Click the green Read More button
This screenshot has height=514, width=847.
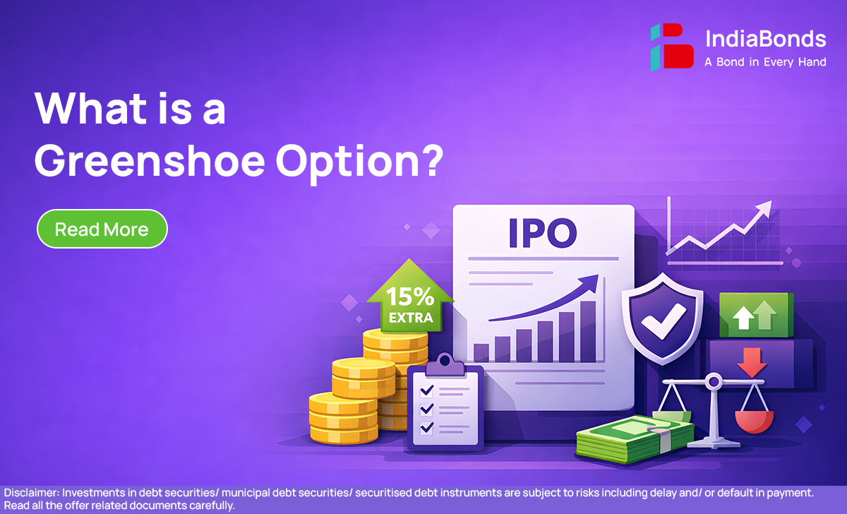(102, 229)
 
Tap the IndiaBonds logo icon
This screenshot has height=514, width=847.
(672, 47)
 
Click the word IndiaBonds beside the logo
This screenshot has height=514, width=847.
(766, 39)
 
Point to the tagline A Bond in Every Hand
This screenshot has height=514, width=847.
(765, 62)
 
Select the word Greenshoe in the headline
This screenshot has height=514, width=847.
(150, 162)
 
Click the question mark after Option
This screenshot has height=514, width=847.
(432, 160)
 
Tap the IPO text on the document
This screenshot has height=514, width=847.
(543, 233)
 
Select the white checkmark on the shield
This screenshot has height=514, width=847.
(663, 321)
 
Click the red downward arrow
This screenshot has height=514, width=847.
(752, 362)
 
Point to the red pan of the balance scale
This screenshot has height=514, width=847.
(754, 422)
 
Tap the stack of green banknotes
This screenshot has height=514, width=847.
(635, 438)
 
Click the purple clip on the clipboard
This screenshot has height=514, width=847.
(445, 364)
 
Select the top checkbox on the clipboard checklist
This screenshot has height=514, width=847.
(427, 390)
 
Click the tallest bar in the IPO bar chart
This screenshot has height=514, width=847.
(588, 331)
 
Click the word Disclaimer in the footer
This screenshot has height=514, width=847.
(32, 493)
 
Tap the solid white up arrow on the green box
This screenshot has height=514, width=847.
(743, 317)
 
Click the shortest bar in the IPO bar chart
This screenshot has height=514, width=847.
(481, 352)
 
